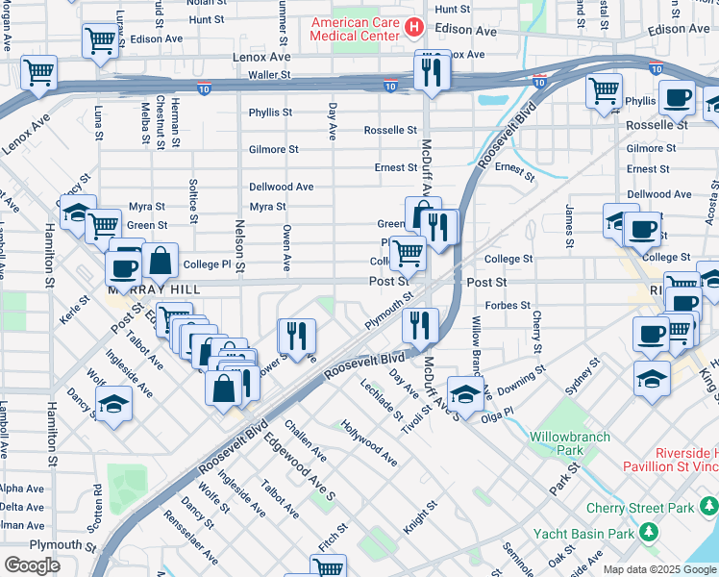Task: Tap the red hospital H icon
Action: pyautogui.click(x=414, y=27)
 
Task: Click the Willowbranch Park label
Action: pyautogui.click(x=570, y=442)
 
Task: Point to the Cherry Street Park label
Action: pyautogui.click(x=654, y=509)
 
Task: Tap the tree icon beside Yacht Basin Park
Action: pyautogui.click(x=650, y=533)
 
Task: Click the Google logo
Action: pyautogui.click(x=33, y=565)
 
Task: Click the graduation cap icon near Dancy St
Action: pyautogui.click(x=113, y=404)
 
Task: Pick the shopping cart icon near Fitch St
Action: pyautogui.click(x=329, y=567)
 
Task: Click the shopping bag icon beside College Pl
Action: pyautogui.click(x=160, y=261)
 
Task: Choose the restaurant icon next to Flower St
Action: pyautogui.click(x=296, y=336)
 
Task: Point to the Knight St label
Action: pyautogui.click(x=420, y=517)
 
